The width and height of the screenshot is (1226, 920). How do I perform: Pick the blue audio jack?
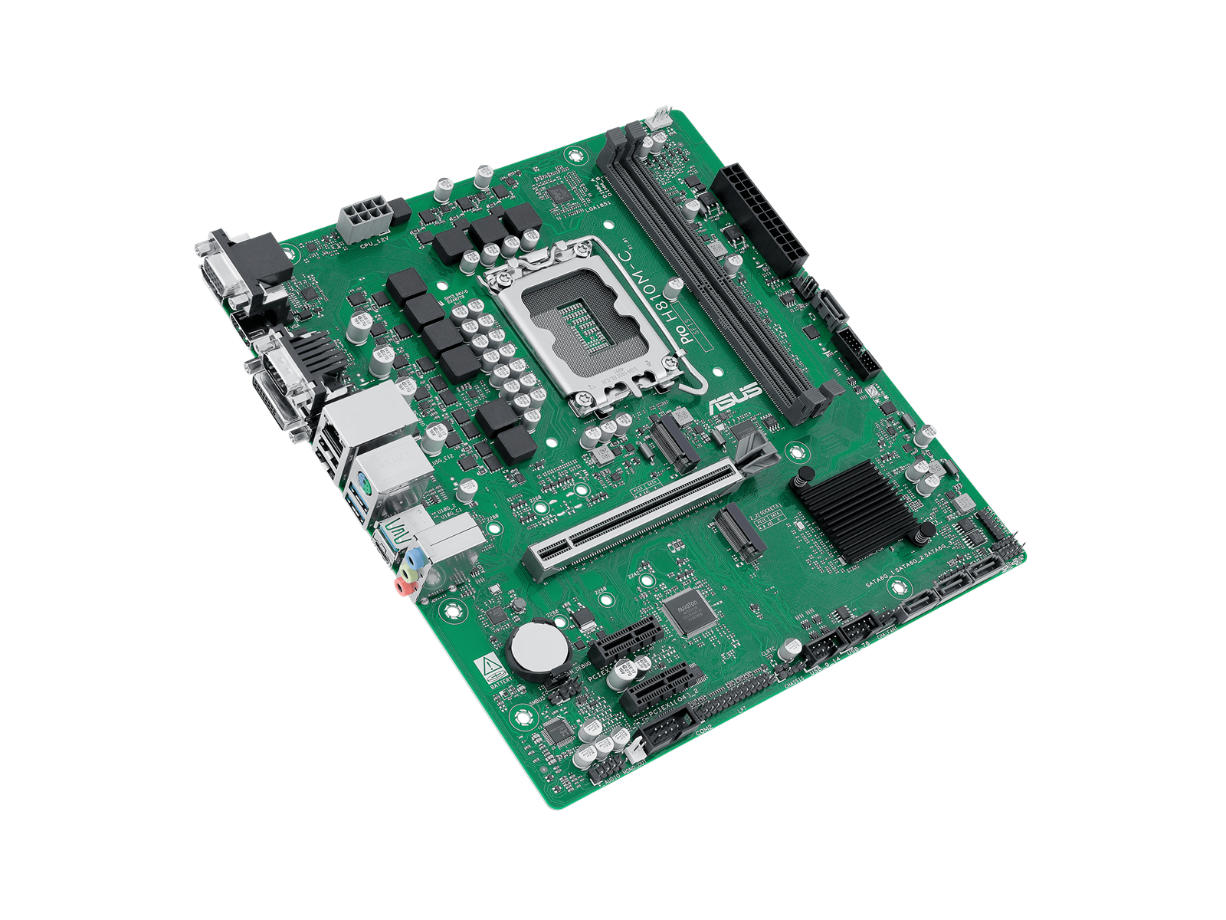coord(415,555)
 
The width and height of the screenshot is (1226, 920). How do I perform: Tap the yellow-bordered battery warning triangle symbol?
coord(484,666)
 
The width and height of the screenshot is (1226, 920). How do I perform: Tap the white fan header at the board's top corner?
coord(658,119)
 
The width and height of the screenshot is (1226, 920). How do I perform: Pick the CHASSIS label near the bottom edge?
coord(795,681)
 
